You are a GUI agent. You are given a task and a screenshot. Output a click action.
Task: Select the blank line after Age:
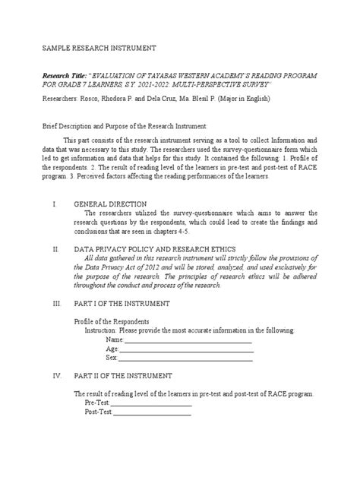[185, 349]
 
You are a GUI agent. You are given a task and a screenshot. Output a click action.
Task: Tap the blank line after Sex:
[185, 358]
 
